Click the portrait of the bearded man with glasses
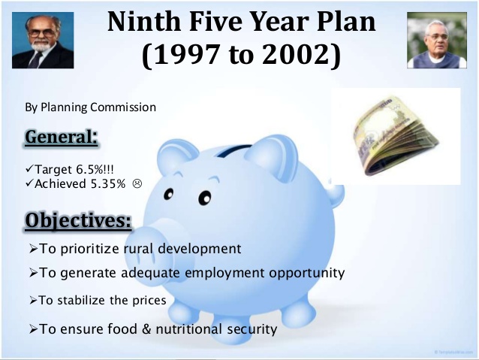click(43, 40)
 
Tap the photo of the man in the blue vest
click(437, 40)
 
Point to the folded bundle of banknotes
click(395, 137)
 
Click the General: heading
click(62, 137)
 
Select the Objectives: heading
click(78, 220)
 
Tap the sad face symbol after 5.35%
click(137, 183)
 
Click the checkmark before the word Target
click(30, 168)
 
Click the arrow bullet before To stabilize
click(33, 301)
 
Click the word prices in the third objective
click(149, 301)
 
